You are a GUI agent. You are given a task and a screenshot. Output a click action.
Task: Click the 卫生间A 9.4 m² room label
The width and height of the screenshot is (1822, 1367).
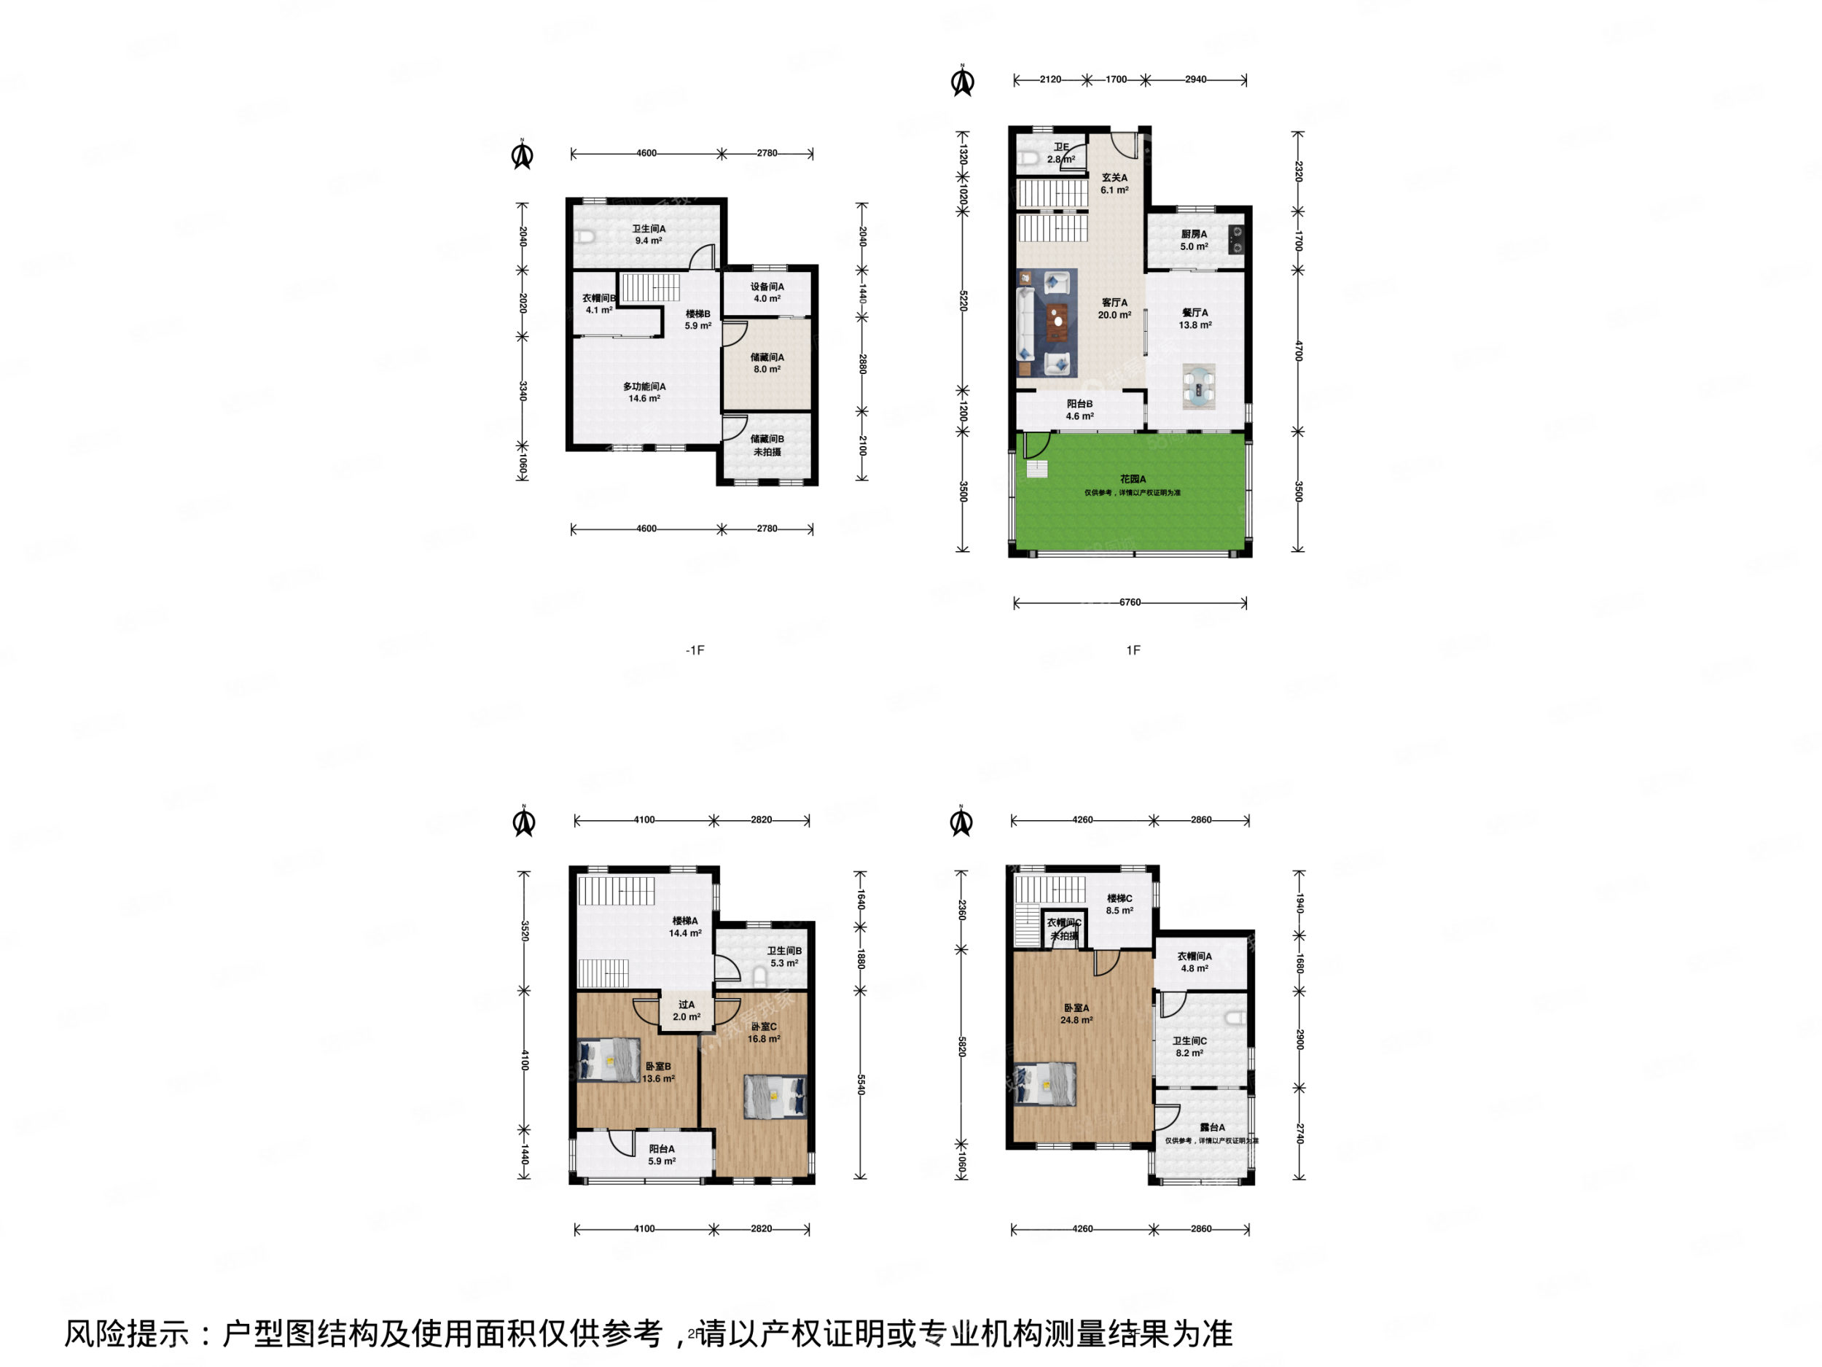coord(648,235)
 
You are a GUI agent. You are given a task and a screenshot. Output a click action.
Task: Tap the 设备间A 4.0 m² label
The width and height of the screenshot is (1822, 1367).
coord(767,292)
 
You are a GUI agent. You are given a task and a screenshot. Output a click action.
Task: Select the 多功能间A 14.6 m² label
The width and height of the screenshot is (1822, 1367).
coord(644,392)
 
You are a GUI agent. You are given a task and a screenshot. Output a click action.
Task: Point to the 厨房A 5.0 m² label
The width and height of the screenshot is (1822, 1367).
coord(1194,240)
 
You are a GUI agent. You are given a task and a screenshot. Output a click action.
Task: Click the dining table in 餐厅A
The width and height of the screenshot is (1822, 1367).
coord(1198,386)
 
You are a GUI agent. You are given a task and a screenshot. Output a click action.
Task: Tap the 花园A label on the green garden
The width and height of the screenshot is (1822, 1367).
coord(1133,480)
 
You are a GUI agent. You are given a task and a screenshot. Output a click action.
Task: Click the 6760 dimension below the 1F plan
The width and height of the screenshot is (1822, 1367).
coord(1130,602)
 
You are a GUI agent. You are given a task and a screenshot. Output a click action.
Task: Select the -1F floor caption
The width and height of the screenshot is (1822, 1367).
coord(695,650)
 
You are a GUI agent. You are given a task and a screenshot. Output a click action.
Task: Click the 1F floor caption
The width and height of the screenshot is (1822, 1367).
coord(1133,650)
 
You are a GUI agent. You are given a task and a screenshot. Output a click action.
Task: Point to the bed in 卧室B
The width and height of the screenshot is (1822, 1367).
coord(609,1059)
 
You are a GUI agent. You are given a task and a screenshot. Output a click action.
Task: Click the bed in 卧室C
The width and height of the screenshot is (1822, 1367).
coord(774,1096)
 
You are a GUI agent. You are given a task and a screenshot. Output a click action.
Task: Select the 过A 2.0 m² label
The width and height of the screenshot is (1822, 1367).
coord(686,1010)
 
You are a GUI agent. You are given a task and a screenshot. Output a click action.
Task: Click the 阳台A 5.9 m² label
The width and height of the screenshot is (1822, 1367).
coord(662,1154)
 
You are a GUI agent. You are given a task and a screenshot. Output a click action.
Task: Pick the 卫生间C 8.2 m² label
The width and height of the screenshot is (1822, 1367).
coord(1189,1046)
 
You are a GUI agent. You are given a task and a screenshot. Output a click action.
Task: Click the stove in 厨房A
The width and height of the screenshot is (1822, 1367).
coord(1236,240)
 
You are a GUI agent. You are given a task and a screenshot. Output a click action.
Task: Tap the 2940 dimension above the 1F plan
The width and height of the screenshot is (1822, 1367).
coord(1195,80)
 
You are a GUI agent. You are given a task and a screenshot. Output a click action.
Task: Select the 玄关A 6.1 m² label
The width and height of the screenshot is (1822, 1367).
coord(1114,184)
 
